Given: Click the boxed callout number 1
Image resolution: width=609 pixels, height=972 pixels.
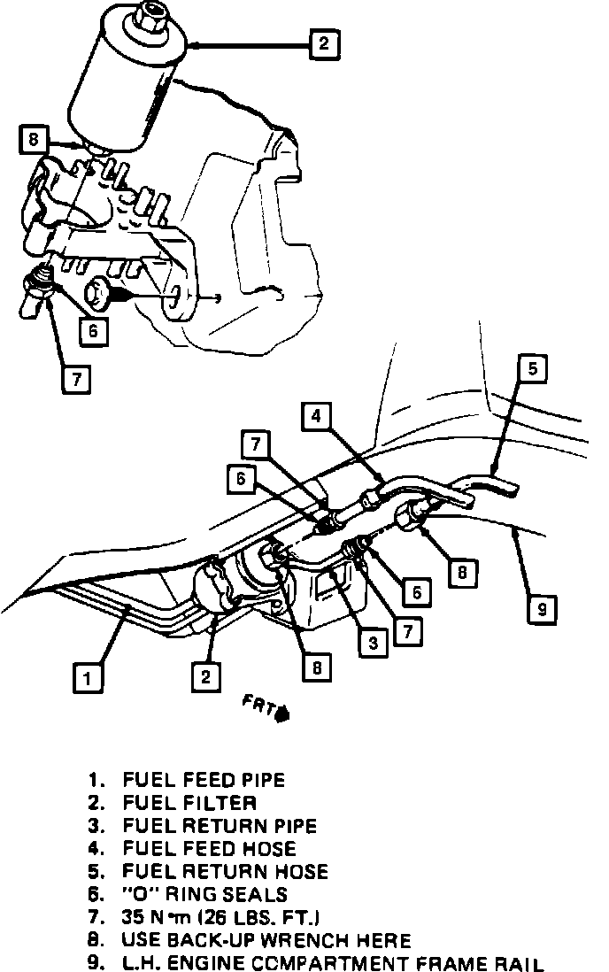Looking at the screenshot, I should pyautogui.click(x=86, y=679).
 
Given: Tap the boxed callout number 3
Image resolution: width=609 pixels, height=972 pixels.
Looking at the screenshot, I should pyautogui.click(x=374, y=643).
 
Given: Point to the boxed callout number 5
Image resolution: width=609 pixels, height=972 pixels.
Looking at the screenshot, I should pyautogui.click(x=532, y=368).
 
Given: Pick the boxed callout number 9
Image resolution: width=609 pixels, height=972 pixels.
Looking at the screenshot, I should pyautogui.click(x=542, y=609).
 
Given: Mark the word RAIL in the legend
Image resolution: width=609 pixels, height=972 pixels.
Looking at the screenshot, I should pyautogui.click(x=519, y=964).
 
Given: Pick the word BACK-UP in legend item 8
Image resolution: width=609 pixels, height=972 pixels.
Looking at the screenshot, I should pyautogui.click(x=220, y=941).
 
